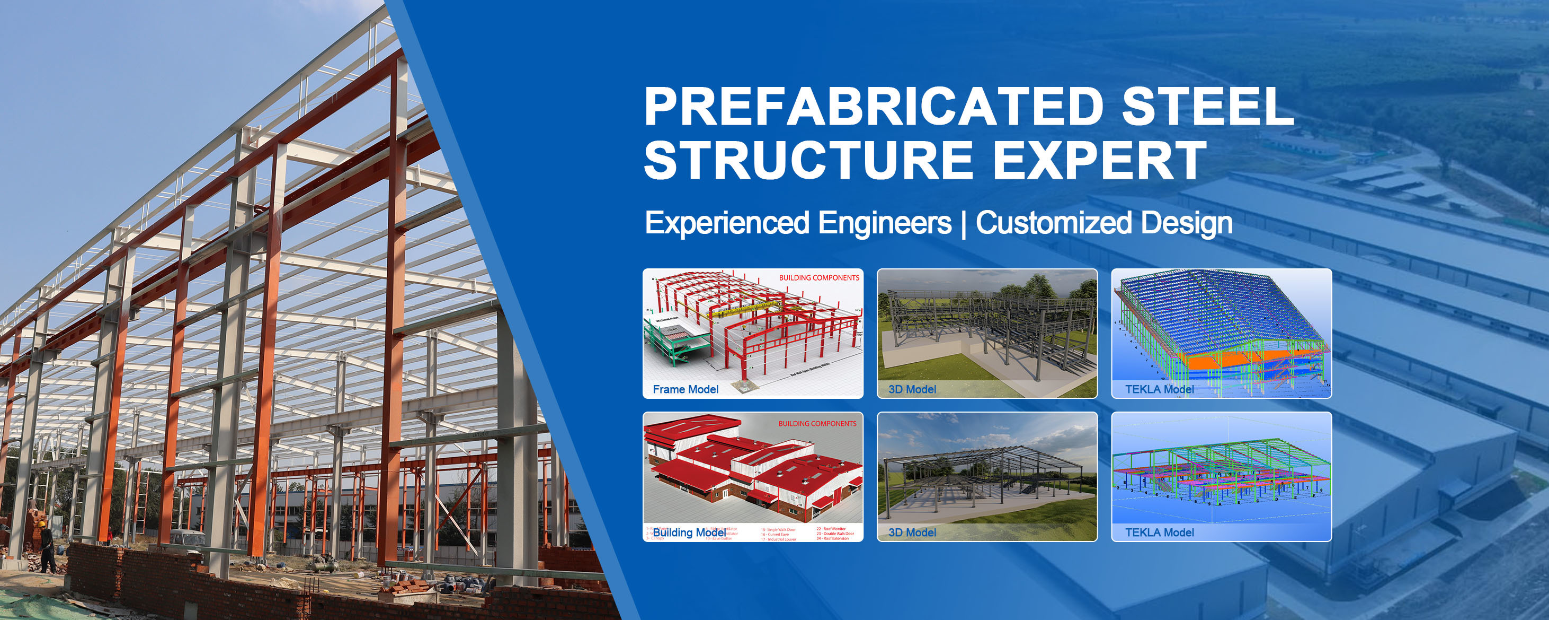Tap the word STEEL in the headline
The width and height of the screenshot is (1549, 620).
1207,107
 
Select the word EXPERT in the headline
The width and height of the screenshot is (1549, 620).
1099,160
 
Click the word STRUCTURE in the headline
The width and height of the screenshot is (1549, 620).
808,160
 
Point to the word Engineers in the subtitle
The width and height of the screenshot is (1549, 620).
884,223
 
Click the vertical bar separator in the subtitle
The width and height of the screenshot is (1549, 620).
964,224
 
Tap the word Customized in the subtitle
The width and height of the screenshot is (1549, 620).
1056,223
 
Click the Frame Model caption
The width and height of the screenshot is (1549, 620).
686,389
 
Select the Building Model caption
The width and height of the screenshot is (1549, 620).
689,532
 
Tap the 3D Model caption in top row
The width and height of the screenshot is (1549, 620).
912,389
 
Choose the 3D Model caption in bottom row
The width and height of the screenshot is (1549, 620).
912,532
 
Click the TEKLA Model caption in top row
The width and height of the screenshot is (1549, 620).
1159,389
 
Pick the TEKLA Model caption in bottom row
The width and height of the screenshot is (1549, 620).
1159,532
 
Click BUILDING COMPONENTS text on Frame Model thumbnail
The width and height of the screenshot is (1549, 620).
819,278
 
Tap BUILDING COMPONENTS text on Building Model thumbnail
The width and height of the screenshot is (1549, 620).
817,424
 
